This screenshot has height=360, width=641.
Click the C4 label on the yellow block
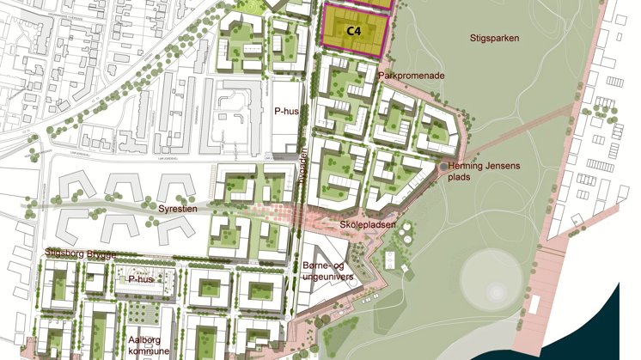point(352,31)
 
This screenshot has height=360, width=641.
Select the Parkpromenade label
point(412,76)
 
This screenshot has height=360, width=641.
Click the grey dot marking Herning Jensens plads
point(442,167)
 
